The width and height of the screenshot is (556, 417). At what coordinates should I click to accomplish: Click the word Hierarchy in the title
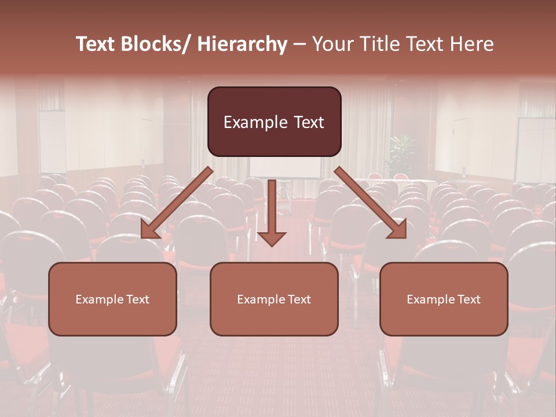pos(242,45)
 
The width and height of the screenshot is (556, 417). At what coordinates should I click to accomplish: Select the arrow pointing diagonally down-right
pos(371,203)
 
